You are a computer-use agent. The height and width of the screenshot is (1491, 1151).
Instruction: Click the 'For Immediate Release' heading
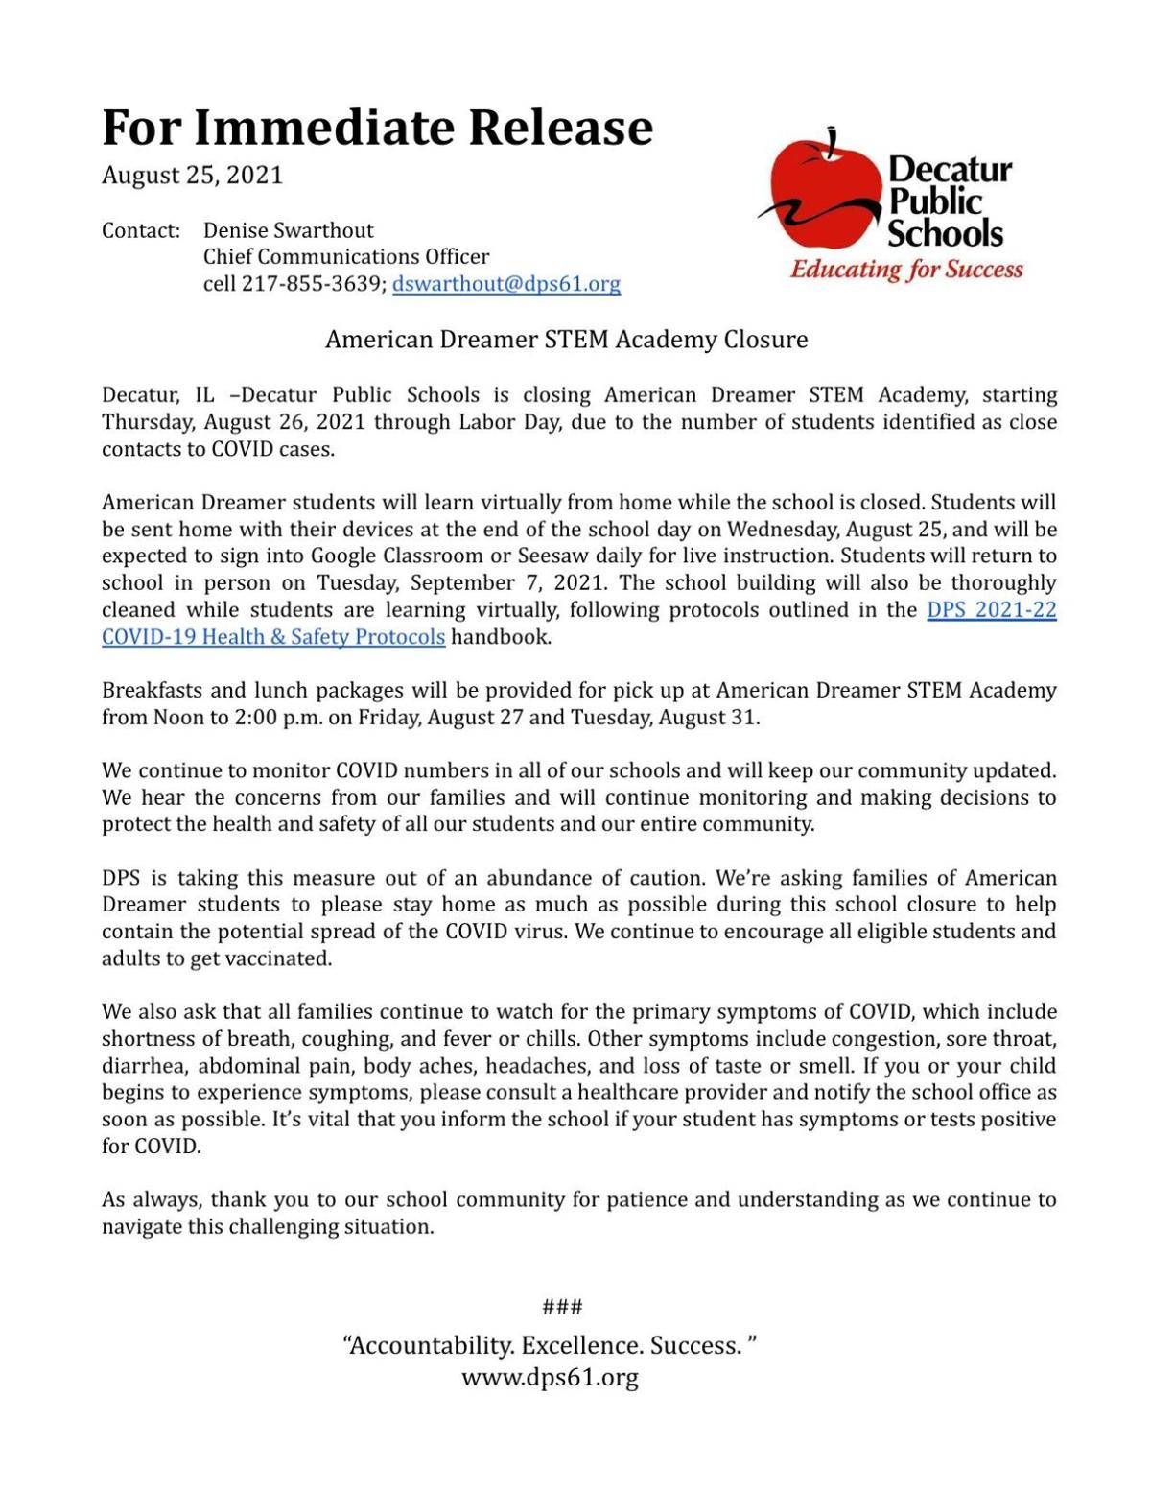pos(377,128)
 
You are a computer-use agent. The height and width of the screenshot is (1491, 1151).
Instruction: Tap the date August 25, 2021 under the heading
pos(193,176)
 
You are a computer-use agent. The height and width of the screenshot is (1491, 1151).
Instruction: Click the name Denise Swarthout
pos(288,230)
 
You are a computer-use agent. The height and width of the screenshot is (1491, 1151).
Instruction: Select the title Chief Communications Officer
pos(345,257)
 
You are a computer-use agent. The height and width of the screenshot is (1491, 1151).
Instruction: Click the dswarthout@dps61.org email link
pos(505,284)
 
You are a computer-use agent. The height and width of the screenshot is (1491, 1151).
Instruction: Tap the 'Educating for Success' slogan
pos(906,270)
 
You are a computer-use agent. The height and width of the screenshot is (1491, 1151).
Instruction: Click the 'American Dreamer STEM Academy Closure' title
pos(566,340)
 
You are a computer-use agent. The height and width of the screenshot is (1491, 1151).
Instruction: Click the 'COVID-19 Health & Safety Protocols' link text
pos(273,637)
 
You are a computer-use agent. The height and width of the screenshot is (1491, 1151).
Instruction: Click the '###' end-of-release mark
pos(562,1307)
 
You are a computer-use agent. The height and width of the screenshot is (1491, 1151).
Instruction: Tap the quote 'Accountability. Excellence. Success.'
pos(551,1345)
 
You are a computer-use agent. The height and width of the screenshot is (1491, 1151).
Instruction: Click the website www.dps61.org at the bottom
pos(550,1378)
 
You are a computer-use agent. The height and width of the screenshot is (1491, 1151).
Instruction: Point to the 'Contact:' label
pos(141,230)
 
